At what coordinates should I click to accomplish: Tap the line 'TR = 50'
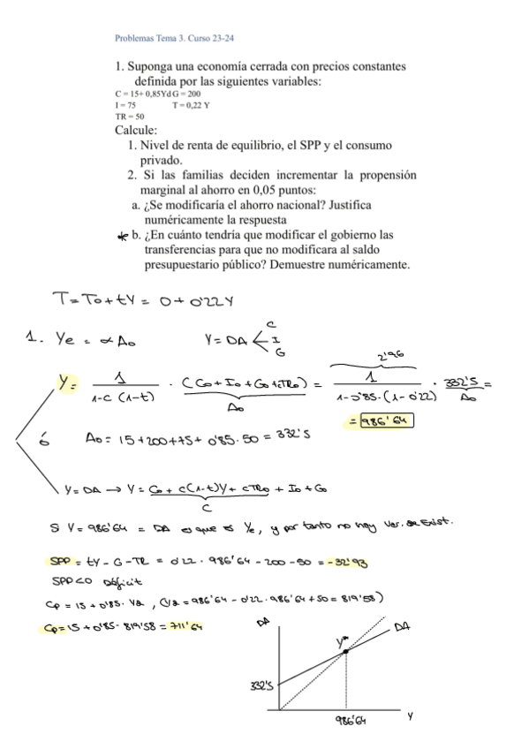[x=129, y=116]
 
